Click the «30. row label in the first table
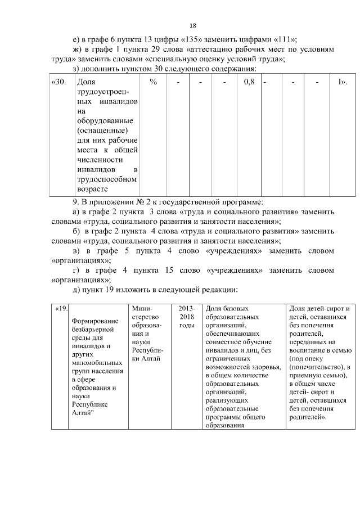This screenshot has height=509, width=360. (x=59, y=82)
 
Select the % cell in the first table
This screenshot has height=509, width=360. (x=153, y=82)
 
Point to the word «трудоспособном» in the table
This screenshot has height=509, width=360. (x=107, y=179)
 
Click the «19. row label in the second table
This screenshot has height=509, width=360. (x=60, y=309)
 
